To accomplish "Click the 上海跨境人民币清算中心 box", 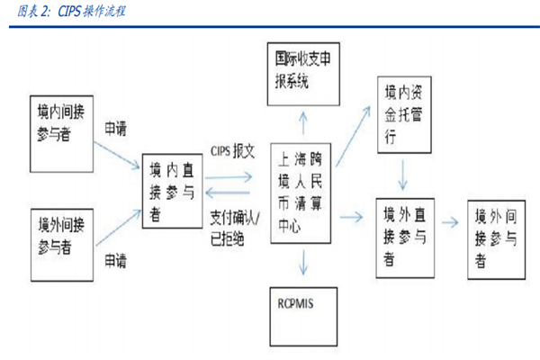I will pyautogui.click(x=304, y=193).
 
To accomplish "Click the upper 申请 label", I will pyautogui.click(x=118, y=126).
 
